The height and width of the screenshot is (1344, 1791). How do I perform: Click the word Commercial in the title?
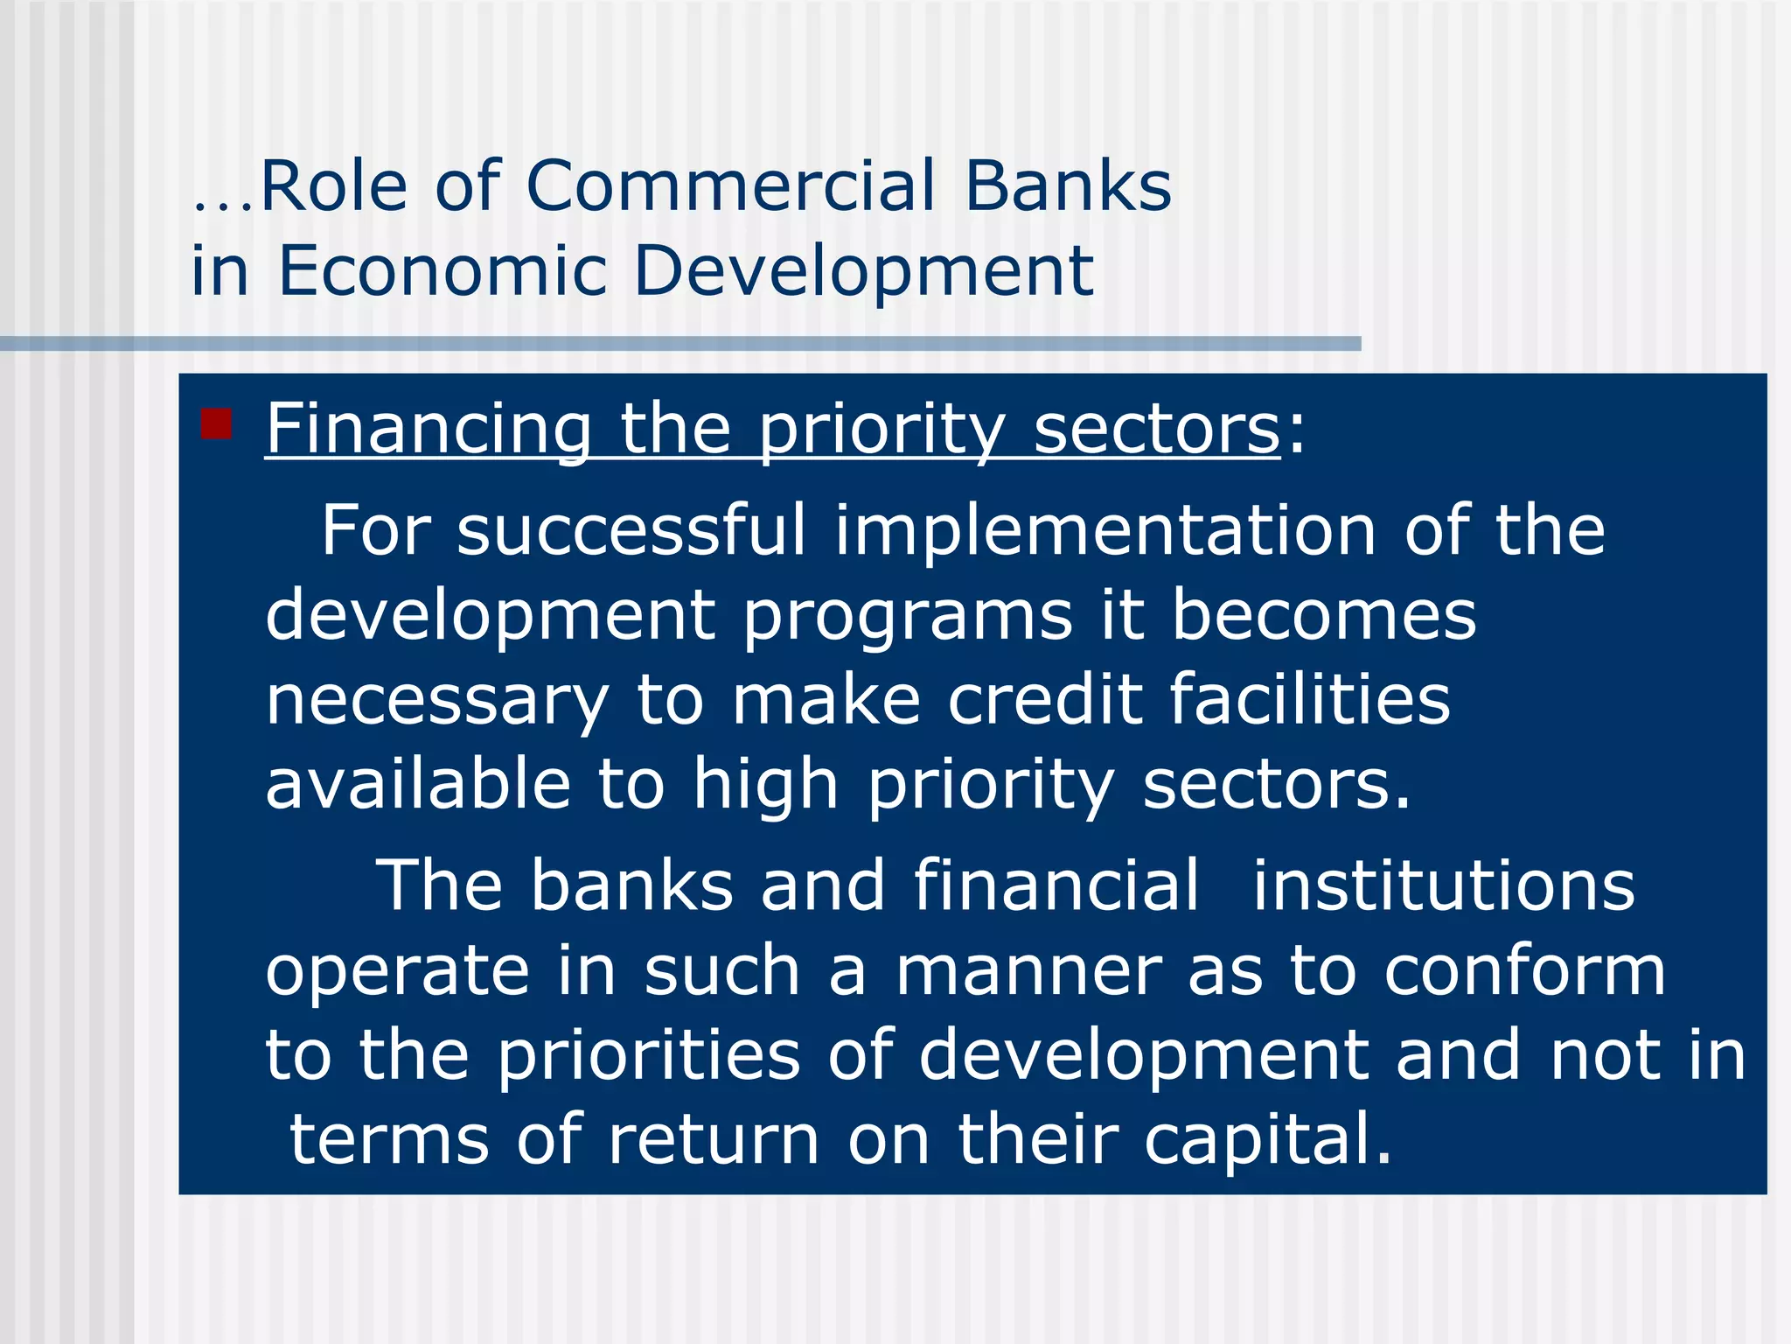click(730, 186)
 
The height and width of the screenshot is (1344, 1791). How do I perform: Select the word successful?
click(631, 530)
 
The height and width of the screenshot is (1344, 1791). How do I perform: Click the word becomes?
click(1323, 614)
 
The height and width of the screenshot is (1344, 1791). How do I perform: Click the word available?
click(418, 783)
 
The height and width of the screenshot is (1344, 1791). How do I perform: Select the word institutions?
click(1443, 885)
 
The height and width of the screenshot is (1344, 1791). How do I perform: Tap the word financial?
click(1056, 885)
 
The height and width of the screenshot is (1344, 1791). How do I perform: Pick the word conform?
click(1524, 970)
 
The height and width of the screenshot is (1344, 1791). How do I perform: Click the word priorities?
click(649, 1056)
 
